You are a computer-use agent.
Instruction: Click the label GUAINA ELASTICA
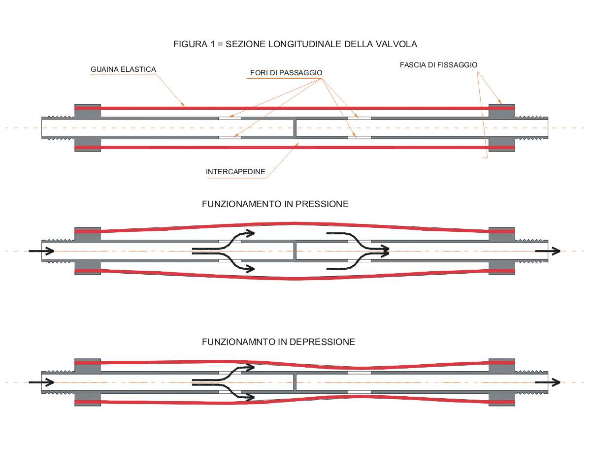(123, 69)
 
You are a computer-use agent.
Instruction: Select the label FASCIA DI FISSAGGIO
(438, 64)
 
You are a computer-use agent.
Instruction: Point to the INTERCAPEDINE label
(235, 172)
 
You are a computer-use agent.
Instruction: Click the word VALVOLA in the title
(398, 44)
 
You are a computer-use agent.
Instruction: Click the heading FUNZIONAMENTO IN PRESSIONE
(275, 204)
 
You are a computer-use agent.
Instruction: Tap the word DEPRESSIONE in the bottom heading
(325, 342)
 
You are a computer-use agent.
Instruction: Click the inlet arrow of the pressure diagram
(41, 251)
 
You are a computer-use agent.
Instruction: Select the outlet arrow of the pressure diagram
(548, 251)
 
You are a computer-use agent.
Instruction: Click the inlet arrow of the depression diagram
(41, 382)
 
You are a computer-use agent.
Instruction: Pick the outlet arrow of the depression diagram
(548, 382)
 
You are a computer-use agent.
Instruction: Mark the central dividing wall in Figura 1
(295, 127)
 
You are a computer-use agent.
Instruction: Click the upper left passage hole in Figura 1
(230, 118)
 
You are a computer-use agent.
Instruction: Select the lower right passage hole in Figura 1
(359, 137)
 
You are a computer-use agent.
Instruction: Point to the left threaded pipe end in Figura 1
(58, 127)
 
